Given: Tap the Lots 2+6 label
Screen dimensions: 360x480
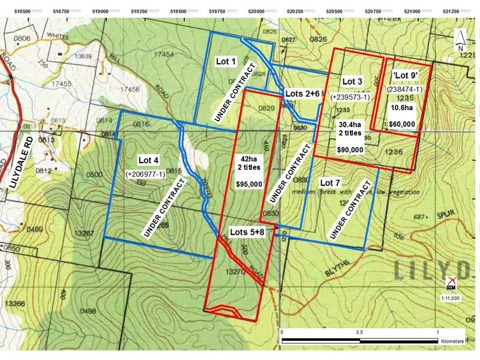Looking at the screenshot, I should pyautogui.click(x=302, y=94).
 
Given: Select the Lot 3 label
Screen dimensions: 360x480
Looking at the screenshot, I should pyautogui.click(x=352, y=81).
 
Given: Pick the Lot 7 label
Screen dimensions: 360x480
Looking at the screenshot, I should pyautogui.click(x=330, y=182).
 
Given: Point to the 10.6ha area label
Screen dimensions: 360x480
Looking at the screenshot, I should pyautogui.click(x=402, y=108).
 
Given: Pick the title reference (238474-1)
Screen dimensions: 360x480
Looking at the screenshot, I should pyautogui.click(x=403, y=89).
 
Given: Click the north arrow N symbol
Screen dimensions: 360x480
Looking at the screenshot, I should pyautogui.click(x=460, y=47).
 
